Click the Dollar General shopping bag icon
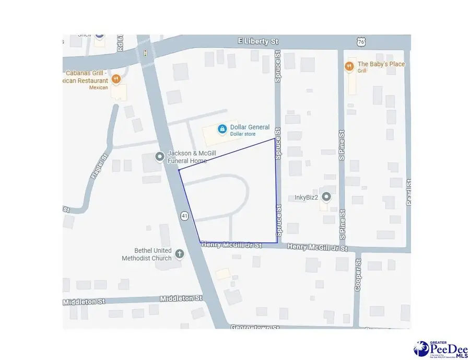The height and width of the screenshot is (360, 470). coord(222,128)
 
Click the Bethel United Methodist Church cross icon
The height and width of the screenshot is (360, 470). coord(180,254)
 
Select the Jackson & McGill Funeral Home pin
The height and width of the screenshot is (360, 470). coord(160,156)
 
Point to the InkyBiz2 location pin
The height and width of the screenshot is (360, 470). coord(326,197)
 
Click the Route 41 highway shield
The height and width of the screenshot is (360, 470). coord(185,216)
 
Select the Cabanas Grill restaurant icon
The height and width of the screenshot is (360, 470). coord(116,79)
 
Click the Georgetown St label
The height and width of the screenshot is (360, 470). coord(255,327)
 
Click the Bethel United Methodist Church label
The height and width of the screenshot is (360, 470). coord(147,254)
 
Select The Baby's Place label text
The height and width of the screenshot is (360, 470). coord(381,64)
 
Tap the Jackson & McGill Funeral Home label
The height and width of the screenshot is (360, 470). coord(191,157)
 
